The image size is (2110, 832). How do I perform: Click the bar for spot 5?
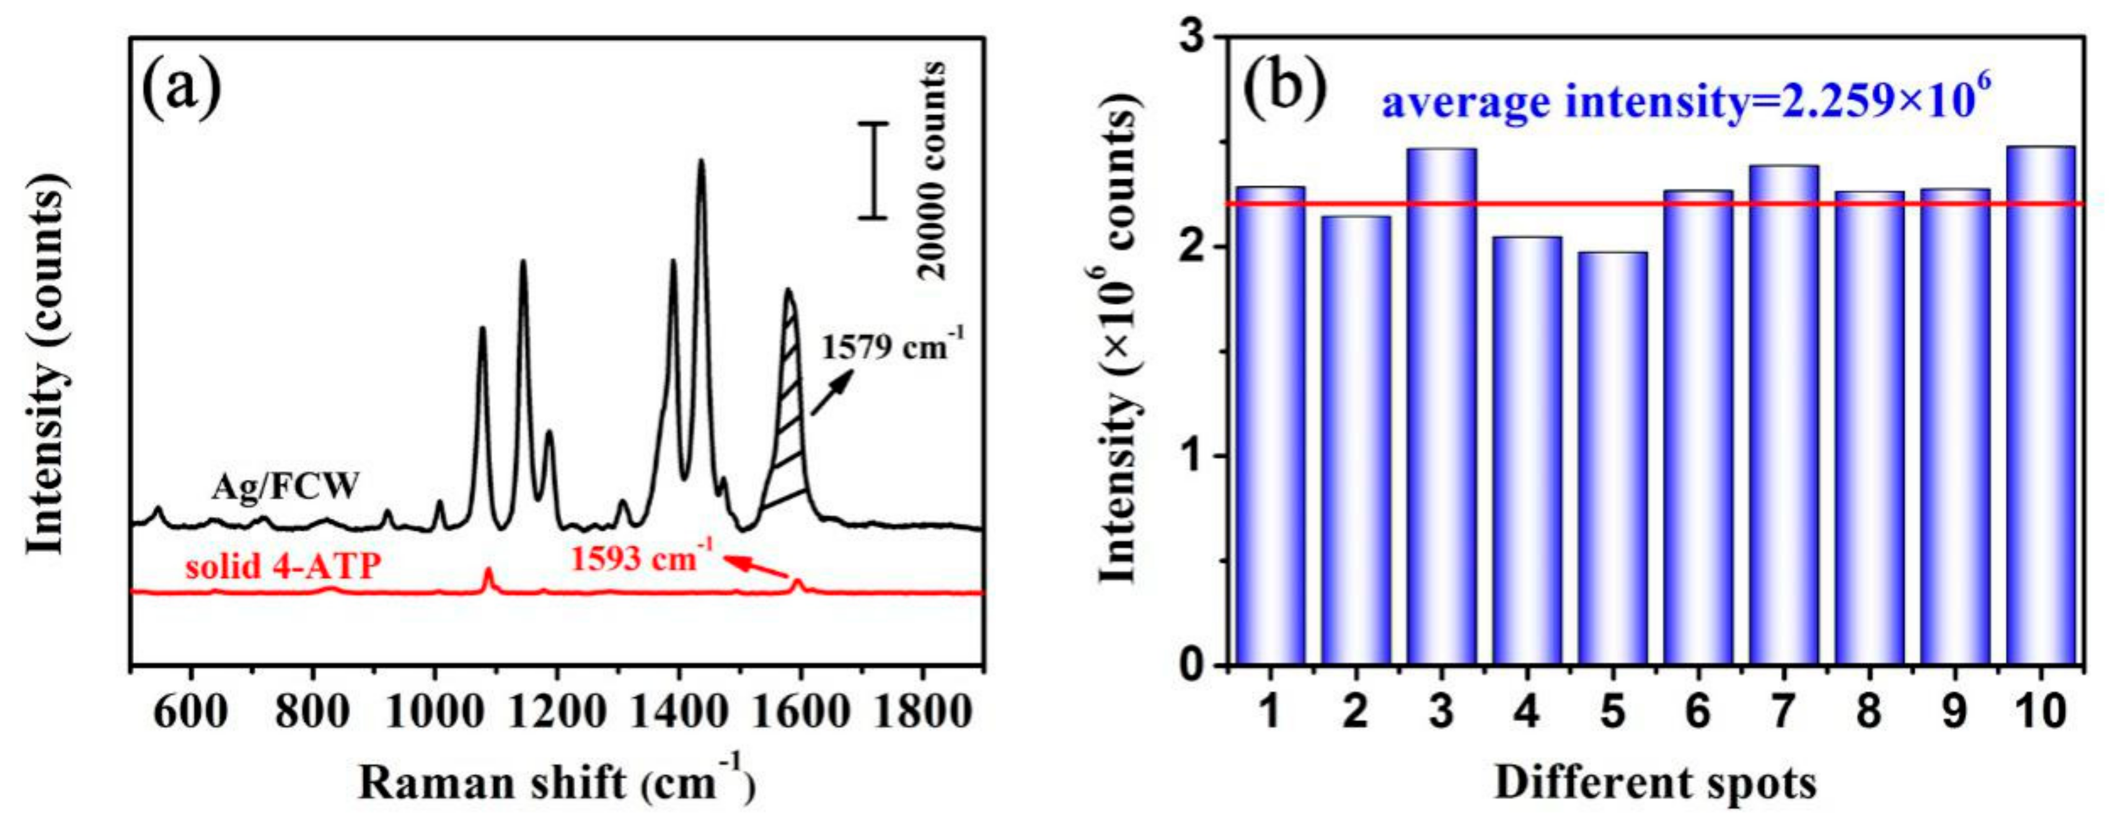pyautogui.click(x=1612, y=459)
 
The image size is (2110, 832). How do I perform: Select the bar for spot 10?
pyautogui.click(x=2041, y=405)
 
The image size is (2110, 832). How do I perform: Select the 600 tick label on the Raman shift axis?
pyautogui.click(x=191, y=712)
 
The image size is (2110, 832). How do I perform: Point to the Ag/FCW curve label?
pyautogui.click(x=285, y=488)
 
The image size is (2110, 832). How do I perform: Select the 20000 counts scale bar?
pyautogui.click(x=873, y=170)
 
